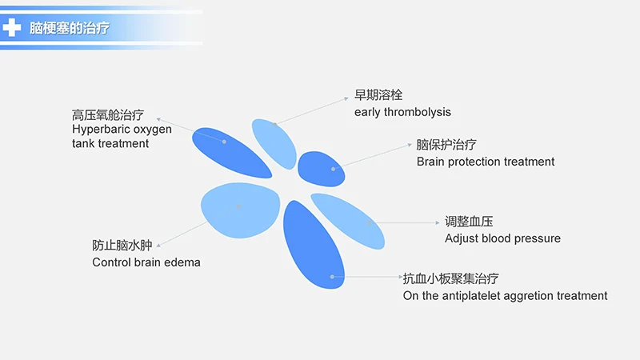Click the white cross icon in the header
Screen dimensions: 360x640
click(13, 28)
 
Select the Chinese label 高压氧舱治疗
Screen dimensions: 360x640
click(108, 114)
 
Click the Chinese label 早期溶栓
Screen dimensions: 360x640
click(378, 95)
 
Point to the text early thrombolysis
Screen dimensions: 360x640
click(402, 112)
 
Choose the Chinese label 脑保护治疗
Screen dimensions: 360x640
click(446, 145)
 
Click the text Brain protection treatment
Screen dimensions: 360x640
click(485, 162)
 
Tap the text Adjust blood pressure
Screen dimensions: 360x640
click(502, 238)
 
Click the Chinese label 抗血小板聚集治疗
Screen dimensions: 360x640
click(450, 278)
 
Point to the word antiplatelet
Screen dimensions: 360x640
click(478, 296)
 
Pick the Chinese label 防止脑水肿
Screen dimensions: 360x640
click(122, 245)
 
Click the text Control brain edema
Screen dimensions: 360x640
click(146, 262)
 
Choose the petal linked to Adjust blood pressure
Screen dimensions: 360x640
click(349, 219)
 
